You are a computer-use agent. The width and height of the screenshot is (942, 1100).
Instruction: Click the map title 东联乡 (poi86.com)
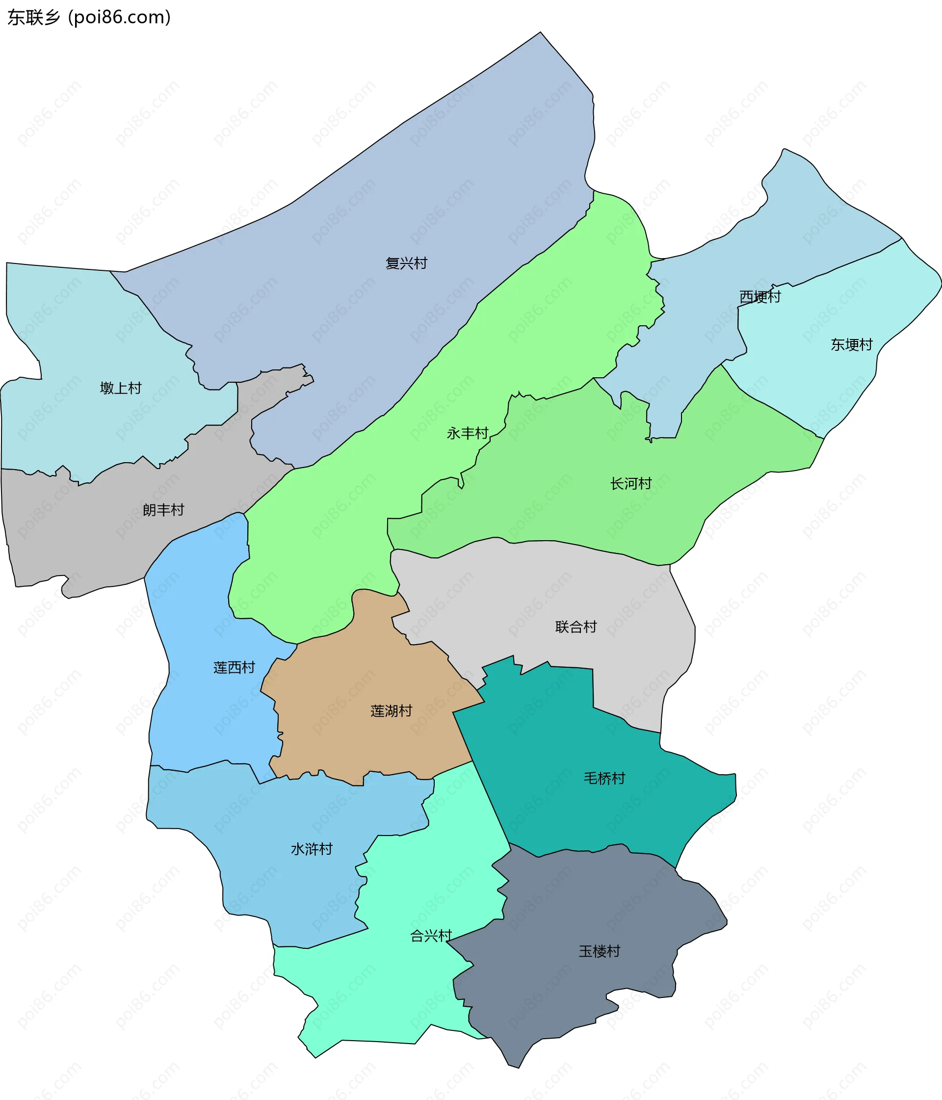pos(89,18)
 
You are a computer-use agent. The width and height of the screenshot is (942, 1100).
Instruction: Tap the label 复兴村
pos(406,263)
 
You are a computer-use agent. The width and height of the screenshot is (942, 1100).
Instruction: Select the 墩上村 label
pos(121,388)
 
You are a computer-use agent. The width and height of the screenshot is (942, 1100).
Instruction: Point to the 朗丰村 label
pos(163,510)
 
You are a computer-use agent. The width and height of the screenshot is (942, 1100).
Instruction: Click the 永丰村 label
pos(467,434)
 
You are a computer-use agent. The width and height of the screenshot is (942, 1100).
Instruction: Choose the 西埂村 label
pos(760,297)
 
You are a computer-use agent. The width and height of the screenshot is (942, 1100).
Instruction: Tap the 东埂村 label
pos(851,345)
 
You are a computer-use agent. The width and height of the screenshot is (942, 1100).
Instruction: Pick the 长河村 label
pos(630,484)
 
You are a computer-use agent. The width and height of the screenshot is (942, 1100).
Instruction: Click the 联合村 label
pos(576,627)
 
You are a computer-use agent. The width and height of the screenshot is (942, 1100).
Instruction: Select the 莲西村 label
pos(234,668)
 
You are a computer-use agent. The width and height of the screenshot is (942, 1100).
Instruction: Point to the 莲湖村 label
pos(392,711)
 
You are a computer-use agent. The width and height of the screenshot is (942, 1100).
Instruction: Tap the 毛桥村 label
pos(604,778)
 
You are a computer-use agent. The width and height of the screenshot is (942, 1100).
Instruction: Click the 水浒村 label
pos(311,849)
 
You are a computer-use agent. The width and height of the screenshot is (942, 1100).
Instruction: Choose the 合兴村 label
pos(431,936)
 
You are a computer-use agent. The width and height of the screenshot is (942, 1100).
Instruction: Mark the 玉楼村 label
pos(599,951)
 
